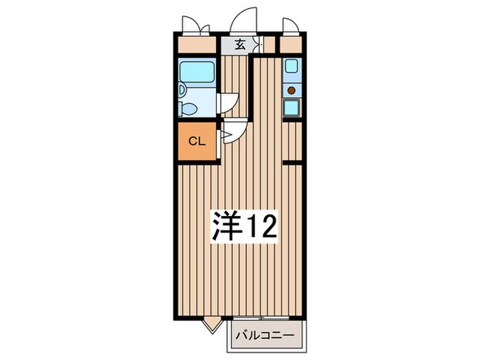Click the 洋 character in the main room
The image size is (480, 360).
(x=226, y=226)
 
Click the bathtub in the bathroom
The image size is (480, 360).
(x=197, y=72)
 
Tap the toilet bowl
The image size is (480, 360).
(x=189, y=108)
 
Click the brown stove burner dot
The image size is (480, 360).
(x=291, y=90)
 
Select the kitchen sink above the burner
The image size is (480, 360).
(x=291, y=68)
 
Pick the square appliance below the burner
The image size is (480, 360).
(x=291, y=107)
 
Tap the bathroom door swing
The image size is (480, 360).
(x=228, y=103)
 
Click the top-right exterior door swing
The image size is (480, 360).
(x=290, y=26)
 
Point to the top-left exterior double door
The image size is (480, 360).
(x=195, y=26)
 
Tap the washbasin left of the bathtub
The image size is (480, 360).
(x=182, y=89)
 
